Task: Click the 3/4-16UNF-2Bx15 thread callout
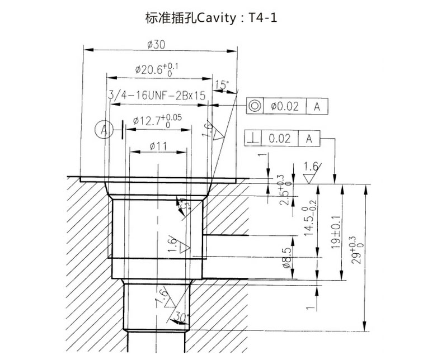[156, 96]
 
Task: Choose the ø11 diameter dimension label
[158, 146]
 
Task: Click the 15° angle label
[222, 85]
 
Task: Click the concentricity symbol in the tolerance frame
[255, 106]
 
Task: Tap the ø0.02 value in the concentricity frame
[284, 106]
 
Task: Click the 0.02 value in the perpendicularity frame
[280, 138]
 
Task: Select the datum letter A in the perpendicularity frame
[308, 138]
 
